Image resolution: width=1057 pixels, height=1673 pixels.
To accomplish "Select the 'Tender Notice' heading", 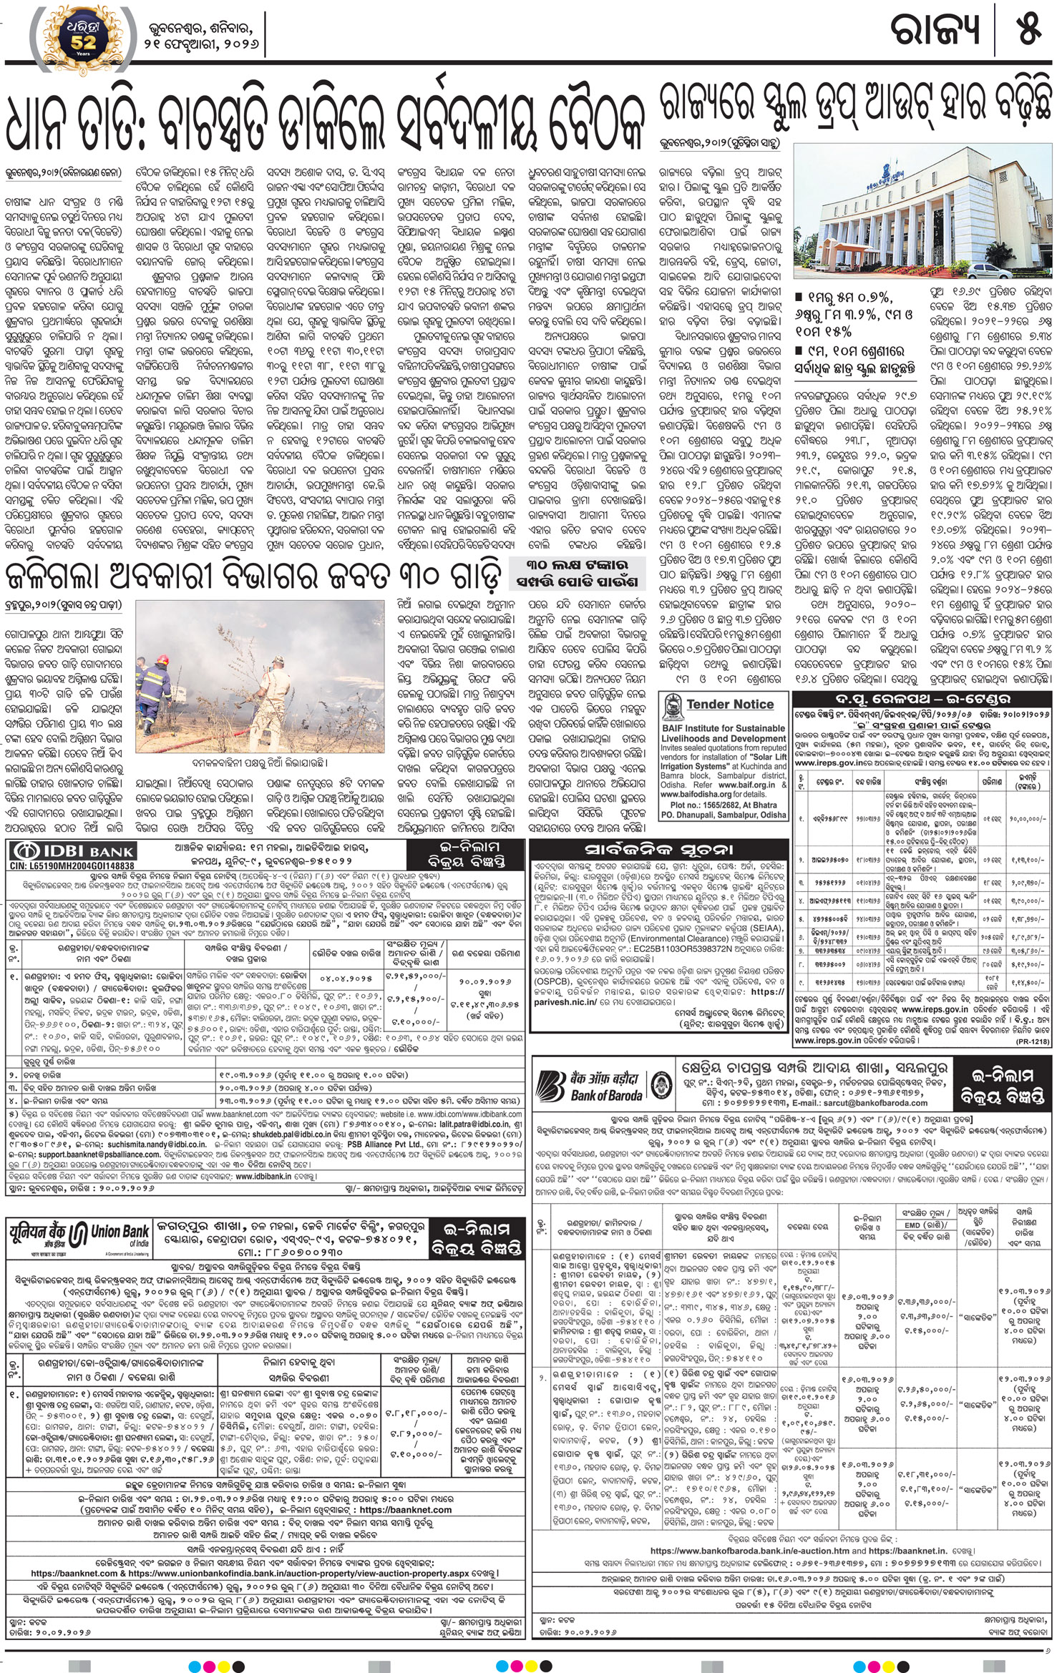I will click(730, 704).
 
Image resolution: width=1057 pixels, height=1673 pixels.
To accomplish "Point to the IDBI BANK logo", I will click(72, 850).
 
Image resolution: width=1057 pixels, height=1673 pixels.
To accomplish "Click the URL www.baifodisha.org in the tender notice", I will click(695, 794).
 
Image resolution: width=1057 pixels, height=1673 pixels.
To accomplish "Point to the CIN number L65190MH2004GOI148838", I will click(72, 865).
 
